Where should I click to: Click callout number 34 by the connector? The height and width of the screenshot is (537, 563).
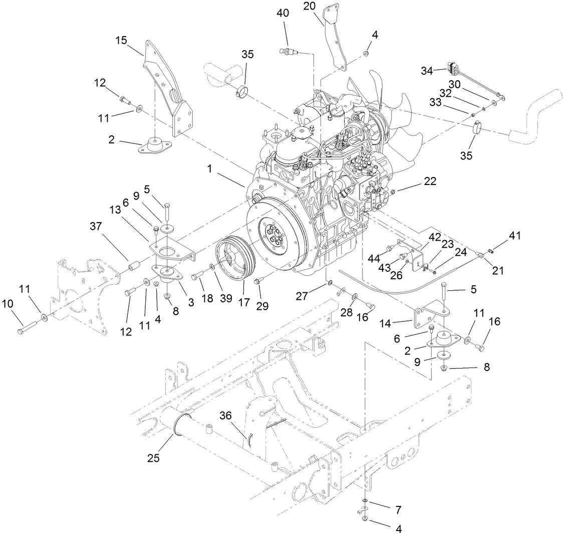[427, 70]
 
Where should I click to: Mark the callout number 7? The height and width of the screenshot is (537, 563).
[399, 510]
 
